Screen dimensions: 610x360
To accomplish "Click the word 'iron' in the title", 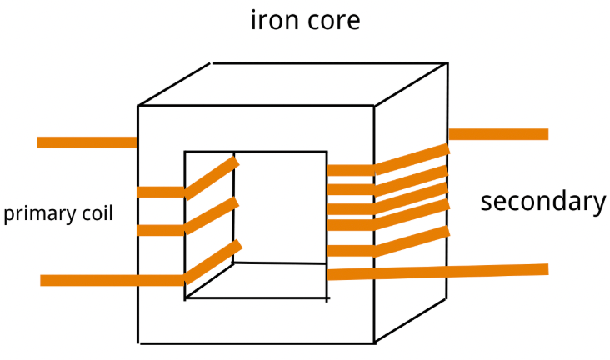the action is pyautogui.click(x=274, y=20).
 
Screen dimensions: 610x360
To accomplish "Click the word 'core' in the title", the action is pyautogui.click(x=333, y=21).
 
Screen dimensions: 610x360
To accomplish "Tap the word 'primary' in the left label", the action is pyautogui.click(x=39, y=213).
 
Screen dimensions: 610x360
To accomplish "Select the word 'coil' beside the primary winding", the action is pyautogui.click(x=97, y=212).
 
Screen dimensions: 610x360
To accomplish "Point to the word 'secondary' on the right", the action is pyautogui.click(x=543, y=202).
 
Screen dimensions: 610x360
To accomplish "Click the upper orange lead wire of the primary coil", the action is pyautogui.click(x=87, y=142).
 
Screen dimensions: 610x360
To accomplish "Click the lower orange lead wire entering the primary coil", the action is pyautogui.click(x=112, y=280).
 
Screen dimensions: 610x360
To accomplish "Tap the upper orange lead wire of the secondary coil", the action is pyautogui.click(x=498, y=134).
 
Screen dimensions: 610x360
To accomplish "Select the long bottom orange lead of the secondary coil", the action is pyautogui.click(x=438, y=272).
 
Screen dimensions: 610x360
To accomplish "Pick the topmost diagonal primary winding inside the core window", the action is pyautogui.click(x=212, y=177).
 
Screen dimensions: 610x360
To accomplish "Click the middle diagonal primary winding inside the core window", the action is pyautogui.click(x=212, y=215).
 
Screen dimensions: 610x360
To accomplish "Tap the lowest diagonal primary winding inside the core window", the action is pyautogui.click(x=213, y=262).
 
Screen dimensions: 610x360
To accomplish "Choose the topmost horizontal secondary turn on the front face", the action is pyautogui.click(x=351, y=170).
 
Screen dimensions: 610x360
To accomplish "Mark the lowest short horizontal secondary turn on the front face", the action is pyautogui.click(x=351, y=251).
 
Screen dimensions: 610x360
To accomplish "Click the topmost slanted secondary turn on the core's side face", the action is pyautogui.click(x=412, y=159).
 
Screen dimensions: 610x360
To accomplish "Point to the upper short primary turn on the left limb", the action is pyautogui.click(x=161, y=192).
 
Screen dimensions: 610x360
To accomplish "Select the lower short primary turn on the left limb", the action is pyautogui.click(x=161, y=230).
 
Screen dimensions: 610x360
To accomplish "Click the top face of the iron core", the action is pyautogui.click(x=293, y=84).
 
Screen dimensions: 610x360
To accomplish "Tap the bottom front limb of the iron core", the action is pyautogui.click(x=256, y=321).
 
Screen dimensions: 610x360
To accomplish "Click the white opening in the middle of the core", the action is pyautogui.click(x=280, y=207).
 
